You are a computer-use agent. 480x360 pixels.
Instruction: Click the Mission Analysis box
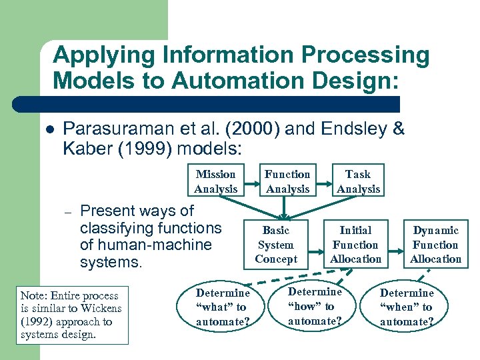(x=216, y=181)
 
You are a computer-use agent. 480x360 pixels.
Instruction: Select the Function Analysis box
(x=287, y=181)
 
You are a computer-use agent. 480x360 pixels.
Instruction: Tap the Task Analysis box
(x=358, y=181)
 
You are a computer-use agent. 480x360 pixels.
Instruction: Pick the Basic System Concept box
(x=276, y=245)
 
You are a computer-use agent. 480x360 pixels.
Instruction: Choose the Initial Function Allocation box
(x=355, y=245)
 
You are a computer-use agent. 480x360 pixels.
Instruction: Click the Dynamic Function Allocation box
(x=435, y=245)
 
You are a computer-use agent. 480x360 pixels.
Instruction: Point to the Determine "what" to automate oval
(x=223, y=307)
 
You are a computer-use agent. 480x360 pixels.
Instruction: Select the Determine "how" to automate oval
(x=315, y=307)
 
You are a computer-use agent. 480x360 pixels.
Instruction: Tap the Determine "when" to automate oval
(x=407, y=307)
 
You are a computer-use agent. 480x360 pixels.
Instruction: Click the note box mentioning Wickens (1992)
(x=73, y=315)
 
